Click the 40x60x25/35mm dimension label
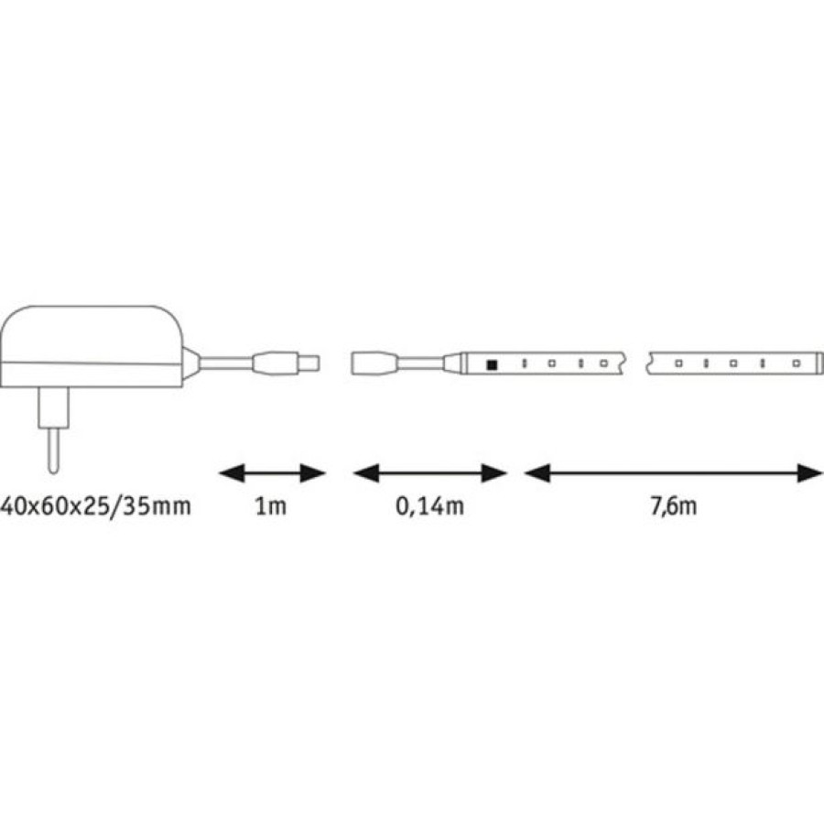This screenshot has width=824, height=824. pos(95,506)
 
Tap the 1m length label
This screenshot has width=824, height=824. pos(271,506)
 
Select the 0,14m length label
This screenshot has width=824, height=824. pos(429,507)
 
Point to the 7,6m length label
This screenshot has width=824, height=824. pos(674,507)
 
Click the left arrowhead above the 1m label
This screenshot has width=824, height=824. pos(232,473)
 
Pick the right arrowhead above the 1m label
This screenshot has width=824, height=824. pos(313,473)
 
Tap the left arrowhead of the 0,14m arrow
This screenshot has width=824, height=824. pos(365,473)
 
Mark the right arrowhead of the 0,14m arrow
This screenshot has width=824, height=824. pos(494,473)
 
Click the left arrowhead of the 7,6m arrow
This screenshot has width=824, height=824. pos(537,473)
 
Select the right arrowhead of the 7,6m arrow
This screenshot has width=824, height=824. pos(809,473)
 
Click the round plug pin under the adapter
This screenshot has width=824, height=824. pos(53,449)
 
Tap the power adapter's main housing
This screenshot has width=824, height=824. pos(92,347)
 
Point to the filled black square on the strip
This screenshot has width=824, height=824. pos(492,364)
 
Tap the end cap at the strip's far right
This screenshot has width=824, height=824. pos(817,363)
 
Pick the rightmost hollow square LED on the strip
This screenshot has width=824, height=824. pos(797,363)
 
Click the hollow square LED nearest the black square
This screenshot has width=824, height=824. pos(552,363)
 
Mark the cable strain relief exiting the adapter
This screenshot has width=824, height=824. pos(191,363)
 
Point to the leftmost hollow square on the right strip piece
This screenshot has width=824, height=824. pos(678,363)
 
